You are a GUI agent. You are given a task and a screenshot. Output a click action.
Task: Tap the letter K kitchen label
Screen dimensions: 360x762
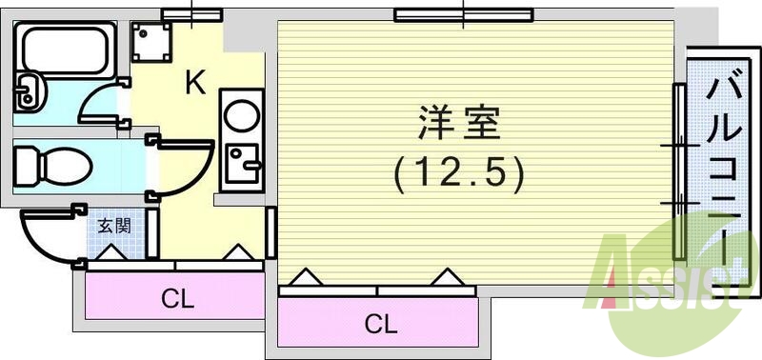(195, 84)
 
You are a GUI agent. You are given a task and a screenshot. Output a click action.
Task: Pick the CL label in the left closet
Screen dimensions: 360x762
(177, 299)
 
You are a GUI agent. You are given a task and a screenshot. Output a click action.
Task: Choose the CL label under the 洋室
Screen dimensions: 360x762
(381, 324)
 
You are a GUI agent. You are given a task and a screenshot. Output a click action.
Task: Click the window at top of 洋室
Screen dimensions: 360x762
(462, 13)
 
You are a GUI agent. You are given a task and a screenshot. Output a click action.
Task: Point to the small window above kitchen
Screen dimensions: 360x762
(191, 13)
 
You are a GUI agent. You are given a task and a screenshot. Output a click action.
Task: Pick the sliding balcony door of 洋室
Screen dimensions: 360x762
(678, 171)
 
